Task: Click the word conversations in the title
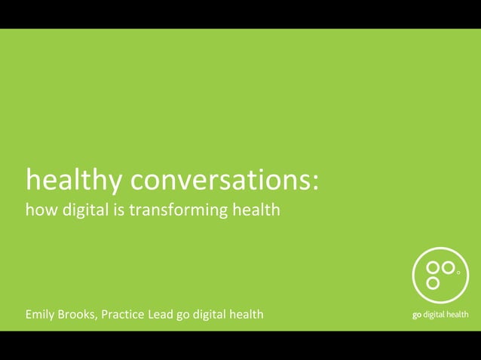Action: tap(219, 179)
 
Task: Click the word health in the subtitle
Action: tap(256, 210)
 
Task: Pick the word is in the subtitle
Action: tap(118, 210)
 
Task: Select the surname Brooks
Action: tap(80, 314)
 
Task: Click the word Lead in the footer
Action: tap(162, 314)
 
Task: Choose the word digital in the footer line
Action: tap(210, 314)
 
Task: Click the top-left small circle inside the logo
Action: tap(433, 267)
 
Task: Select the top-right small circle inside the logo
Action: tap(448, 267)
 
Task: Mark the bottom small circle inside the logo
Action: tap(433, 282)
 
